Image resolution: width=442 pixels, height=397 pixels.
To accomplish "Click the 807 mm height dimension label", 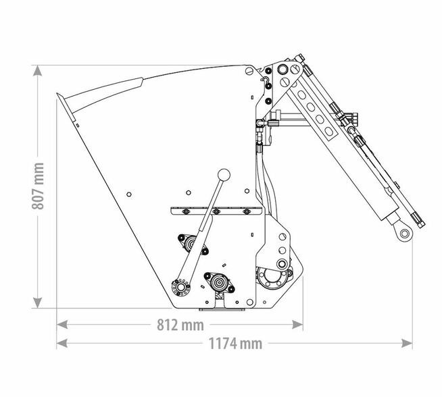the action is tap(38, 186).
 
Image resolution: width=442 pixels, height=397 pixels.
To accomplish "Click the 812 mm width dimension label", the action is tap(180, 325).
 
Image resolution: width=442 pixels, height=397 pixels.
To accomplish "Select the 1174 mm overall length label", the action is tap(235, 344).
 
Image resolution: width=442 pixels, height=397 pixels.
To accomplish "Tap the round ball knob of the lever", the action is tap(224, 175).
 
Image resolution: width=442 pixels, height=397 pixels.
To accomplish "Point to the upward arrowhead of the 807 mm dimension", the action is tap(37, 71).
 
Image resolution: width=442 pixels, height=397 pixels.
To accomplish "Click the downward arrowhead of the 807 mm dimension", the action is tap(37, 302).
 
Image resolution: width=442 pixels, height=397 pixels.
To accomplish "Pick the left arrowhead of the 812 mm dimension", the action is tap(62, 325).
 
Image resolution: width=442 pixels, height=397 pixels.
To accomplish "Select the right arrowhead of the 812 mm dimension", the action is tap(297, 325).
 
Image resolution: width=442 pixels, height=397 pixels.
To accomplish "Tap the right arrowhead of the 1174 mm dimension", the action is tap(407, 343).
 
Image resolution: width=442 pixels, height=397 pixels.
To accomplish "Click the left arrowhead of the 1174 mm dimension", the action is tap(62, 343).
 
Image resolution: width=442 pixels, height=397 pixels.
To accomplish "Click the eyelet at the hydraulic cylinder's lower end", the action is tap(405, 234).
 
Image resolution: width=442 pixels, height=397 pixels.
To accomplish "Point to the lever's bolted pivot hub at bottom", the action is tap(180, 288).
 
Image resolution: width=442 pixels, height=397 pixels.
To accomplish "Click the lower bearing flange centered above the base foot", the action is tap(219, 282).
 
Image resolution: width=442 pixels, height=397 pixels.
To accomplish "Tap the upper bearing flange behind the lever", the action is tap(193, 244).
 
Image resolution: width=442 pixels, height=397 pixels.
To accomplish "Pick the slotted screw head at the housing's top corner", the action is tap(249, 71).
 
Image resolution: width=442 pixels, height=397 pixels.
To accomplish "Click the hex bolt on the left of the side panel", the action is tap(129, 194).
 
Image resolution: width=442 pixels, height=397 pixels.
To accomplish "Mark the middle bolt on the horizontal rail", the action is tap(216, 211).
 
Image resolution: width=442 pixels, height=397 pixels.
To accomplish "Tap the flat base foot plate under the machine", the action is tap(222, 309).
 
